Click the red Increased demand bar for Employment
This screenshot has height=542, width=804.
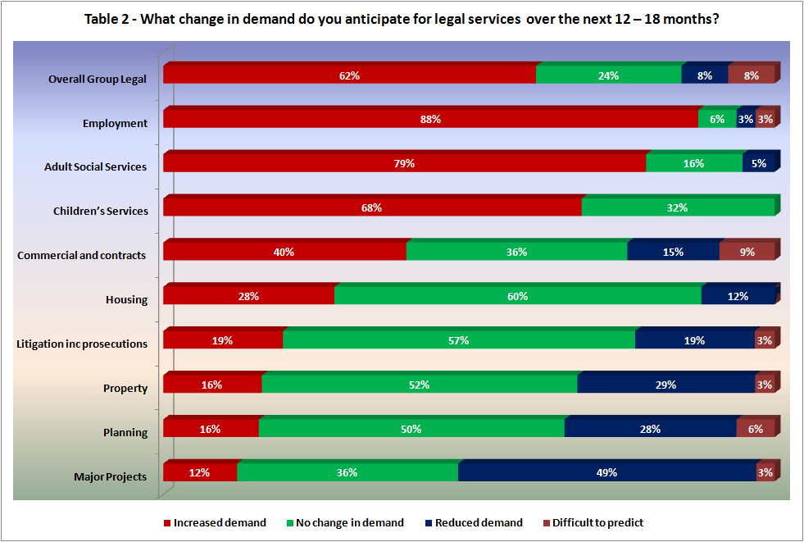[430, 120]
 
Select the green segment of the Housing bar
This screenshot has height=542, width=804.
[517, 297]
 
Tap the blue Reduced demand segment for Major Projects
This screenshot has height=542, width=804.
[606, 473]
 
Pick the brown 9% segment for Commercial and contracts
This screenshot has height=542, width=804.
[747, 253]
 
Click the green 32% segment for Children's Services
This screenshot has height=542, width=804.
[678, 208]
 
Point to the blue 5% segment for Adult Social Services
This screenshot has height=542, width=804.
[758, 164]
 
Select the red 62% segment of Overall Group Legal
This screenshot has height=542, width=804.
[349, 75]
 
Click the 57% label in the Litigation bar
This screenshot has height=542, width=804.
[458, 340]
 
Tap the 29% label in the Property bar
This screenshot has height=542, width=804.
[665, 385]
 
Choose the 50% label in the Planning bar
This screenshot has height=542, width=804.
[411, 429]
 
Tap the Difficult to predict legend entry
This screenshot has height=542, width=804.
[597, 523]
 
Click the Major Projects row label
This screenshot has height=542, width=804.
[111, 476]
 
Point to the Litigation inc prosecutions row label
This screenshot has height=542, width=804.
[82, 344]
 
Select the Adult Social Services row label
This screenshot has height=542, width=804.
[95, 166]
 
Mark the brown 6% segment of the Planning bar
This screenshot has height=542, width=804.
[755, 429]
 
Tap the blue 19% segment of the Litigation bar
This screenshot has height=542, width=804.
[694, 340]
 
